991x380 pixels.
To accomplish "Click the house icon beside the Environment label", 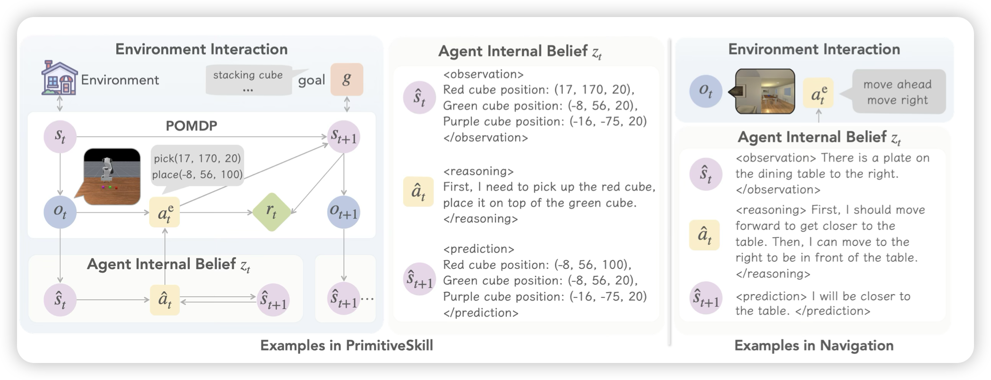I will click(60, 78).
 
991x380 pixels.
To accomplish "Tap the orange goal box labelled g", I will click(347, 79).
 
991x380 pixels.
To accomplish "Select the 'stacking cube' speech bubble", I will click(248, 80).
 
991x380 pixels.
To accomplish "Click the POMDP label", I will click(191, 126).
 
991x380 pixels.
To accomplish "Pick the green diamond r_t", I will click(271, 212).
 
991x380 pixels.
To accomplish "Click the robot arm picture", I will click(112, 176).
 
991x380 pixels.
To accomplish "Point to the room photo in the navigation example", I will click(765, 92).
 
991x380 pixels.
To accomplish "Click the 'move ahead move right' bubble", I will click(898, 92).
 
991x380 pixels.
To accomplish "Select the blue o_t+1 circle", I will click(343, 213).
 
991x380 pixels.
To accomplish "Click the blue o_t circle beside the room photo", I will click(706, 91).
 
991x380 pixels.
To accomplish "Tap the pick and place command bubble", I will click(197, 166).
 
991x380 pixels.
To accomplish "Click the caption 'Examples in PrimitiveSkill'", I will click(346, 345).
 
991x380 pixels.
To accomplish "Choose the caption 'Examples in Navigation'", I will click(814, 345).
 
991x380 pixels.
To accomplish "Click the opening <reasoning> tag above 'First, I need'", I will click(478, 171).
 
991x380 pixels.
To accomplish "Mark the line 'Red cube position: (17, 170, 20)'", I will click(538, 90).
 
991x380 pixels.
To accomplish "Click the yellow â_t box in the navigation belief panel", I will click(704, 235).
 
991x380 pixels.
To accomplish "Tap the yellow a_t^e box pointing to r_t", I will click(164, 212).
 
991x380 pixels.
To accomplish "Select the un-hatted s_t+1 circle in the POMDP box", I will click(344, 137).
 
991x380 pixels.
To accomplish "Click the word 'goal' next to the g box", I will click(311, 80).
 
